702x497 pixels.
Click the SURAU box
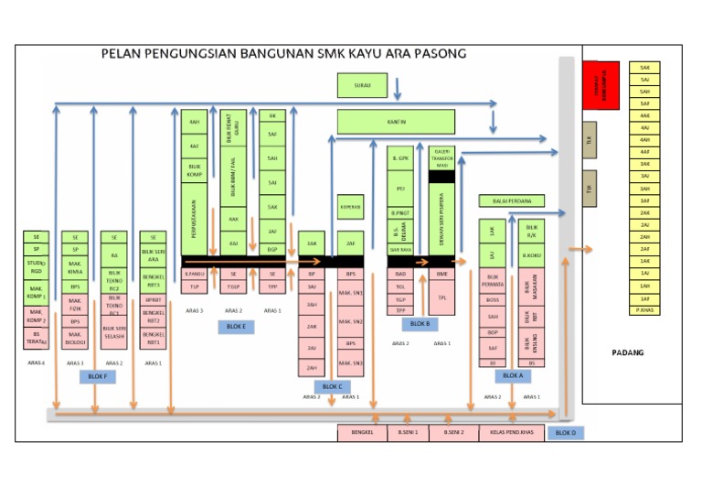coord(362,87)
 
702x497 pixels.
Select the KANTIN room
coord(397,121)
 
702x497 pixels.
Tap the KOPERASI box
coord(350,207)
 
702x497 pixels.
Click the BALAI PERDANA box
coord(511,200)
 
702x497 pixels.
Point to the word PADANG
coord(628,352)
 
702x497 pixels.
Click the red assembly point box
coord(601,85)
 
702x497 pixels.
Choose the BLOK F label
coord(96,376)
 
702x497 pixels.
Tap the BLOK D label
coord(566,433)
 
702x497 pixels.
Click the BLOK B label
coord(420,323)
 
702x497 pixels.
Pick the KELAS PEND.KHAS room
coord(511,433)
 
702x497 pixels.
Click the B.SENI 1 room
coord(408,433)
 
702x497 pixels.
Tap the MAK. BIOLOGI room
coord(75,340)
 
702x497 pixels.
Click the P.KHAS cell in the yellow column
coord(644,310)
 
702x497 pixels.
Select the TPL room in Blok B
coord(441,297)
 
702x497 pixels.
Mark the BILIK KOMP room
coord(194,169)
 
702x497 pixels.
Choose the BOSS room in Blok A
coord(493,299)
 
